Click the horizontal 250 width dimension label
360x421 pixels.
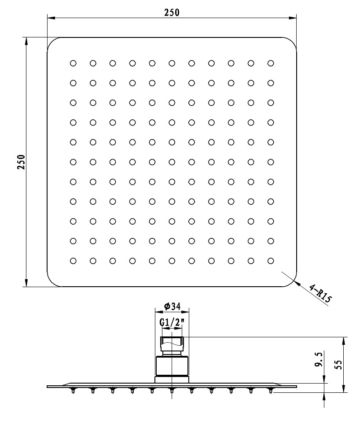point(172,12)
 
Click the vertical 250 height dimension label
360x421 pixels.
point(21,162)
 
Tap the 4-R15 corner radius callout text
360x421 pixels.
point(320,294)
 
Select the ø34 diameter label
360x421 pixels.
point(172,307)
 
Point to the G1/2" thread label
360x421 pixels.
point(172,322)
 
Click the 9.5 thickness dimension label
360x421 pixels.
point(319,360)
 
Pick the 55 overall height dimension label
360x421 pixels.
point(339,365)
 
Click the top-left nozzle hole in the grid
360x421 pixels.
point(73,63)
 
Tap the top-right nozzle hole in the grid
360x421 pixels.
point(271,63)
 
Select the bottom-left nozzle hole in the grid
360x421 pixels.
point(73,261)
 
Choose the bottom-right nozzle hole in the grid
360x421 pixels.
point(271,261)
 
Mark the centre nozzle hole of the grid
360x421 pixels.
point(172,162)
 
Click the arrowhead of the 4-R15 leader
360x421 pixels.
point(296,282)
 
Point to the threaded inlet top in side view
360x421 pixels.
point(172,343)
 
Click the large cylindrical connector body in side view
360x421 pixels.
point(172,366)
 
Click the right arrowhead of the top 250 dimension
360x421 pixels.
point(293,18)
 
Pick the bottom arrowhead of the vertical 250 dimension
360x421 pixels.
point(26,283)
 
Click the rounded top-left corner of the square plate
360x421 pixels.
point(51,41)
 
